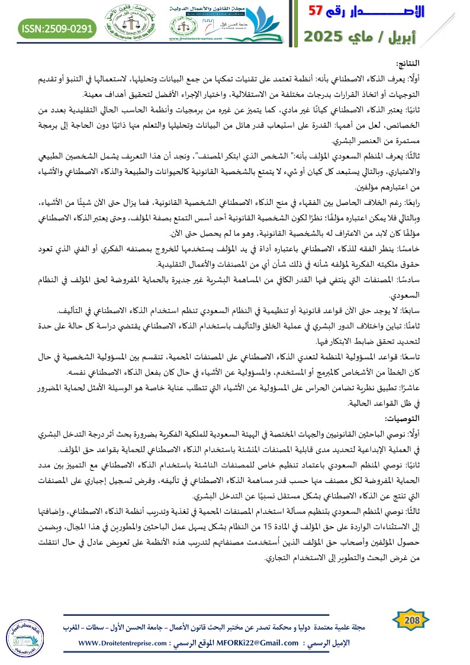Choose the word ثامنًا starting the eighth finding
448,326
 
